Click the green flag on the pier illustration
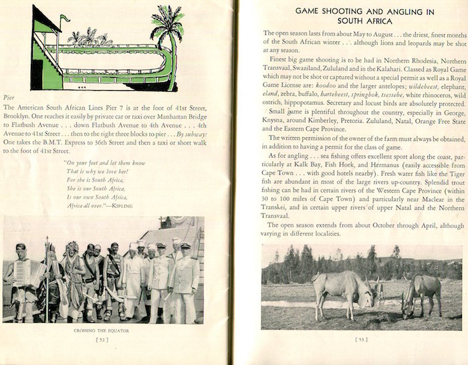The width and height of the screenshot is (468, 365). (65, 18)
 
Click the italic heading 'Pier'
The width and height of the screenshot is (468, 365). (9, 97)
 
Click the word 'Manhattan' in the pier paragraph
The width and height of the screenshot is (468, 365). (174, 115)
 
